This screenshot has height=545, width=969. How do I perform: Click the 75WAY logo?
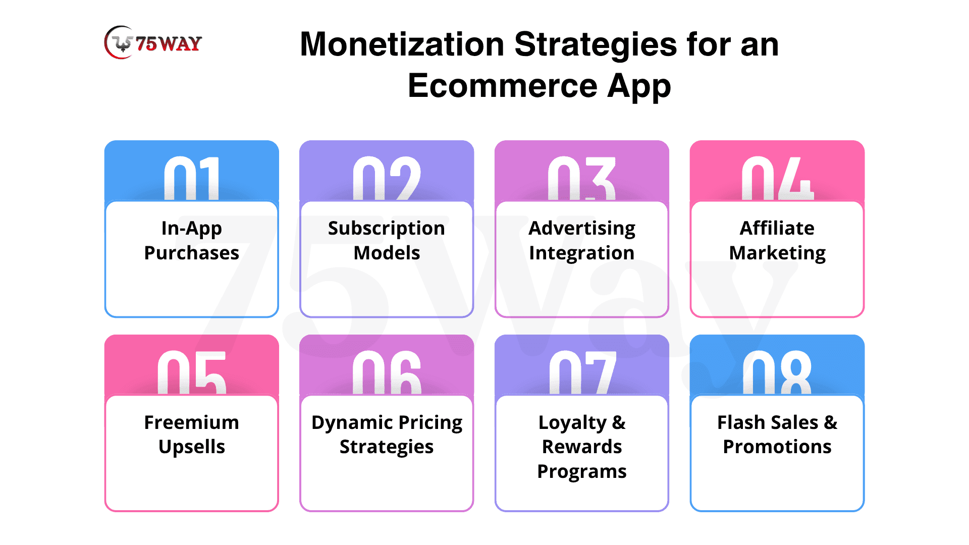[153, 42]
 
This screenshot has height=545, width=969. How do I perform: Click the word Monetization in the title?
[402, 44]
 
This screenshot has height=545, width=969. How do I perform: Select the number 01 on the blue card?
[192, 178]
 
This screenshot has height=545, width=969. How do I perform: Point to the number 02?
[387, 178]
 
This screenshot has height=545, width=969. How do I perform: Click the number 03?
[582, 178]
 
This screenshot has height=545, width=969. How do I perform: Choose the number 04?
[777, 178]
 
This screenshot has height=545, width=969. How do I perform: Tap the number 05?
[192, 372]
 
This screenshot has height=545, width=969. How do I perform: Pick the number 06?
[387, 372]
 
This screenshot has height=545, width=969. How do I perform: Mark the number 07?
[582, 372]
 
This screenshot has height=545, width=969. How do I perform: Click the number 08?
[777, 372]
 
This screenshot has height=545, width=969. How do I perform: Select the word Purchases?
[192, 253]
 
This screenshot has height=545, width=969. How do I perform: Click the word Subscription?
[387, 229]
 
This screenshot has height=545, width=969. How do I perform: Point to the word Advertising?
[582, 229]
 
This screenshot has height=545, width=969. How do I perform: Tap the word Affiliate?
[777, 228]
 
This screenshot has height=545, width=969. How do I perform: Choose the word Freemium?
[192, 422]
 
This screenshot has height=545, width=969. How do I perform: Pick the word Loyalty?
[572, 423]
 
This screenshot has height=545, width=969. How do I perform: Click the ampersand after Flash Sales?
[830, 422]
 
